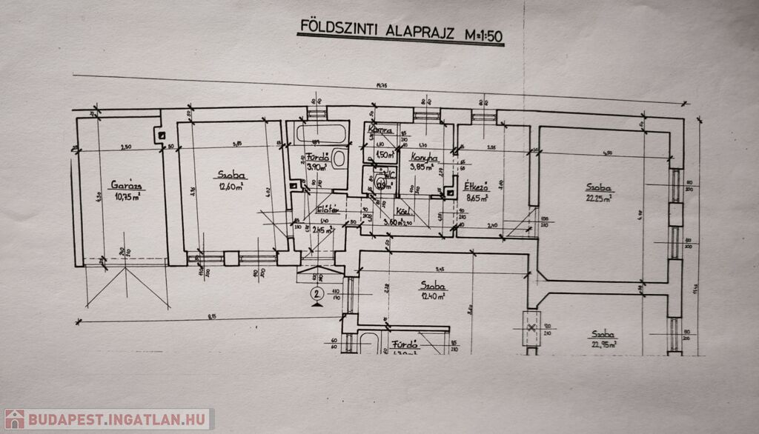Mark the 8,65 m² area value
477,198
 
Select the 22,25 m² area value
600,198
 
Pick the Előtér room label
327,210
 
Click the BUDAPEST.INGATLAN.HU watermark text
119,419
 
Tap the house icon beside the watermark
14,419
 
